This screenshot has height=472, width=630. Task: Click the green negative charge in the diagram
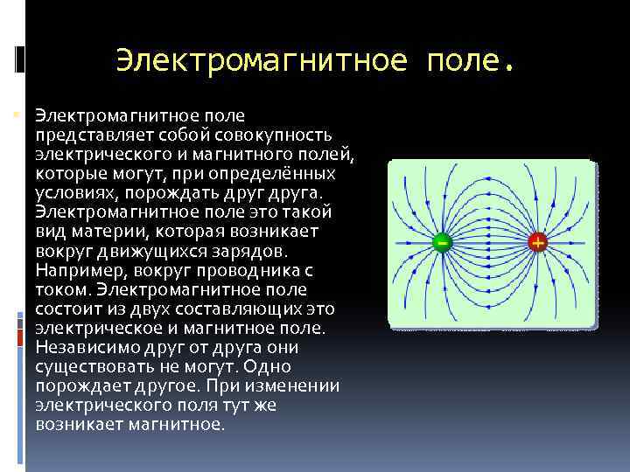tap(443, 241)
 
